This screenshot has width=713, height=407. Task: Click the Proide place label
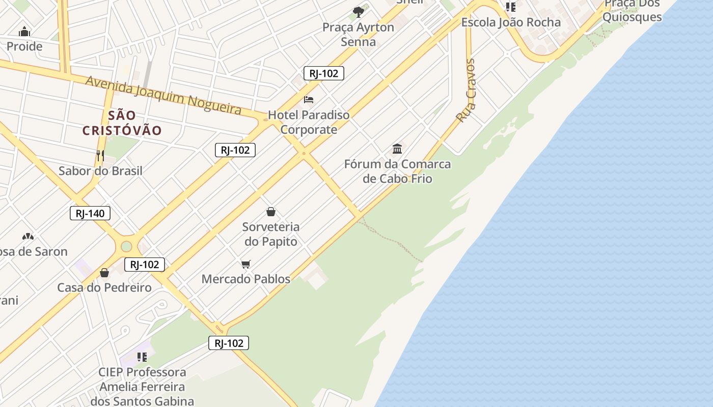point(24,46)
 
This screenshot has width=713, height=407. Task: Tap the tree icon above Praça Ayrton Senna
point(359,12)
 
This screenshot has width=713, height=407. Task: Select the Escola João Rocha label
point(511,22)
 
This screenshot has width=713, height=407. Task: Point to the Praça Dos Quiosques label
point(632,11)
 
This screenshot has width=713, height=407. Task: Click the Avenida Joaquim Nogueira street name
point(163,95)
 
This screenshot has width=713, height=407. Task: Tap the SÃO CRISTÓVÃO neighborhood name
point(122,123)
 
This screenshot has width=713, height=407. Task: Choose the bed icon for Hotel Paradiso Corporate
point(309,99)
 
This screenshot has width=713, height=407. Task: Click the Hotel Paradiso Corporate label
point(309,122)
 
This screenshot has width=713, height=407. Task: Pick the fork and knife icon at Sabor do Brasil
point(100,155)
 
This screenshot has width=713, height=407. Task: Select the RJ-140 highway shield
point(90,213)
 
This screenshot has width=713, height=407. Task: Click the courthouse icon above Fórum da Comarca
point(397,149)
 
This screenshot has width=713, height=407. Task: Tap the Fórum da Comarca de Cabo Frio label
point(397,171)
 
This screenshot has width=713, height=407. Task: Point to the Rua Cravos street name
point(465,91)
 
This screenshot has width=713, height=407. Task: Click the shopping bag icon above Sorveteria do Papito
point(271,212)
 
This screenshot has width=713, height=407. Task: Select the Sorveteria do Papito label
point(271,234)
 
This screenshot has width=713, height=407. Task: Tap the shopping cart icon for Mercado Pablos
point(246,264)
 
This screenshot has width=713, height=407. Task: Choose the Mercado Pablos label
point(246,279)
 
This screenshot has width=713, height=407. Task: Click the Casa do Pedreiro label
point(104,287)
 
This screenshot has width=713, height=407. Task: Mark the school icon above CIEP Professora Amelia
point(142,357)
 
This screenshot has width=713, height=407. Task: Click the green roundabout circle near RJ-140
point(126,247)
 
